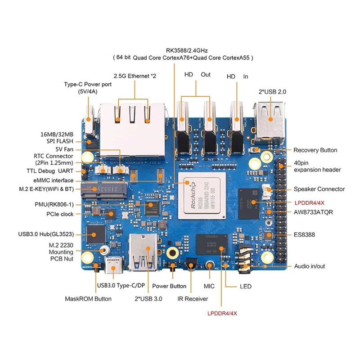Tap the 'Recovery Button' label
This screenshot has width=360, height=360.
coord(315,150)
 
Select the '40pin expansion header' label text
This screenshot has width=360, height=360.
coord(317,166)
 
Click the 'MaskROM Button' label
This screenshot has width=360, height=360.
coord(88,298)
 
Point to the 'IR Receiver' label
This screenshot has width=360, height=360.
coord(193,298)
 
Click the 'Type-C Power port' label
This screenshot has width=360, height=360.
coord(87,88)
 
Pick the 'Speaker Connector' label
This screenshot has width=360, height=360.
coord(319,189)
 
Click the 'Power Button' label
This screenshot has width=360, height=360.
coord(169,286)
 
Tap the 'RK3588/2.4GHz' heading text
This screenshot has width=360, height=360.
coord(185,50)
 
